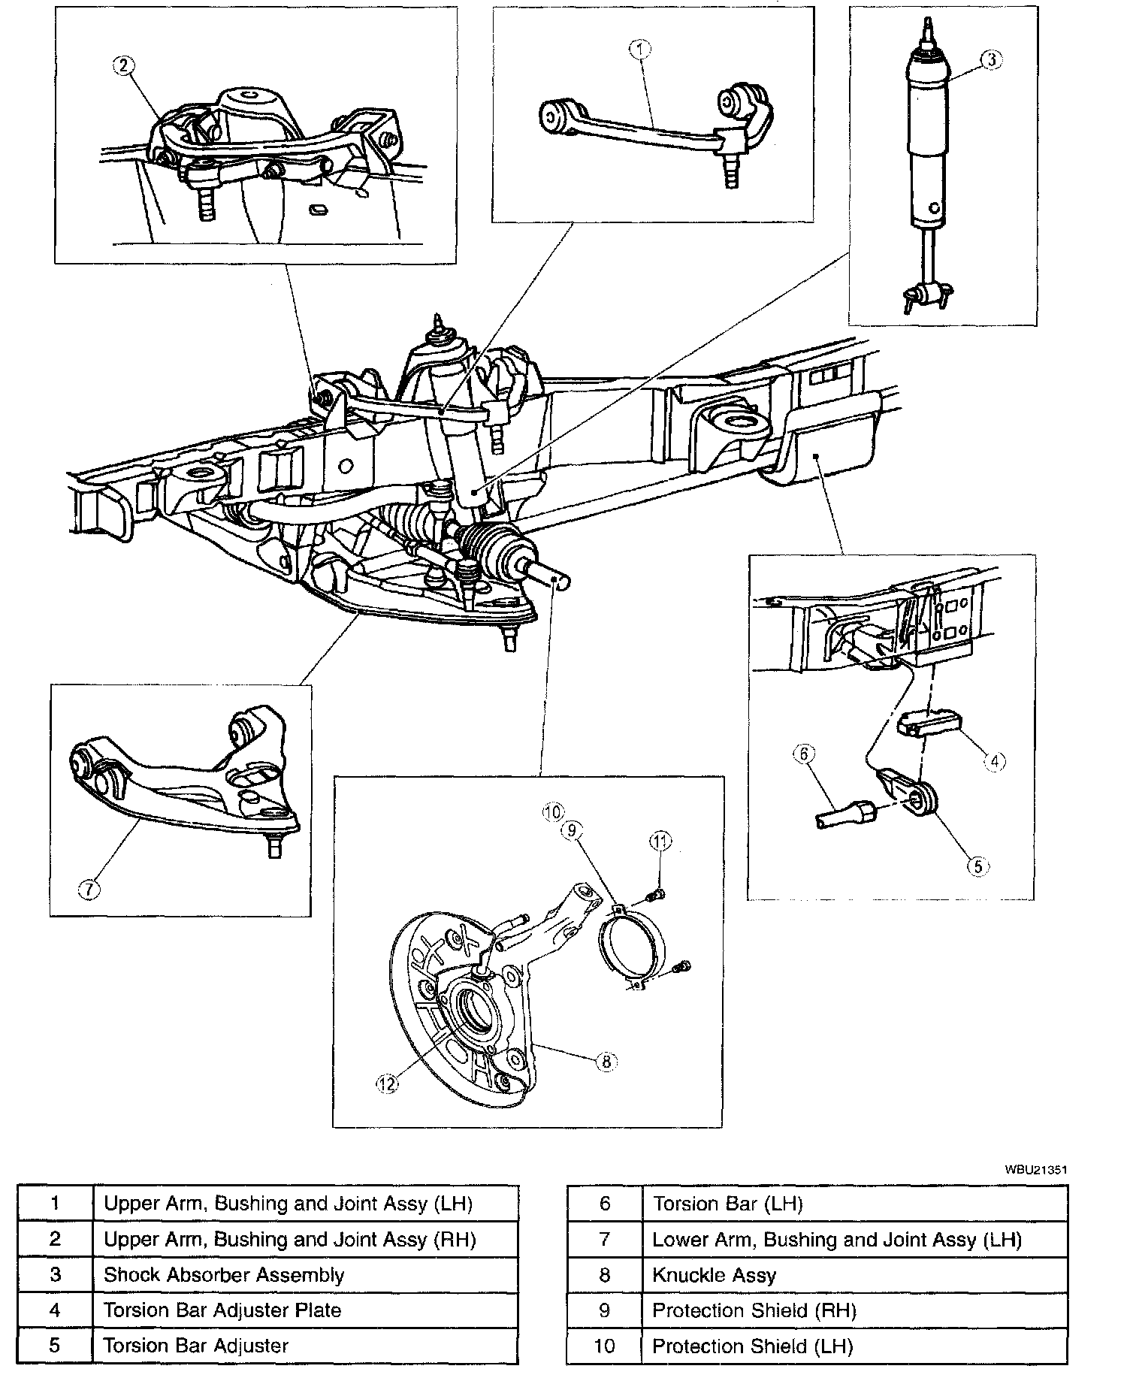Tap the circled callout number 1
[639, 50]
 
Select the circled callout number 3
[992, 60]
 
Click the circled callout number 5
[977, 866]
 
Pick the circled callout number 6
[803, 754]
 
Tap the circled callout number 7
[89, 890]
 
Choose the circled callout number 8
[606, 1061]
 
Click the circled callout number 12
[387, 1085]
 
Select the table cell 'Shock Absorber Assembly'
[224, 1275]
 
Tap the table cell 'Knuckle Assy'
[714, 1275]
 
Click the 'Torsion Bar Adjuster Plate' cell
[222, 1310]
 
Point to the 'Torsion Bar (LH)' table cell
[727, 1204]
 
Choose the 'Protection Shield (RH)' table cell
[754, 1310]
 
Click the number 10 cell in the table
[605, 1346]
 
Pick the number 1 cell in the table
[55, 1204]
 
